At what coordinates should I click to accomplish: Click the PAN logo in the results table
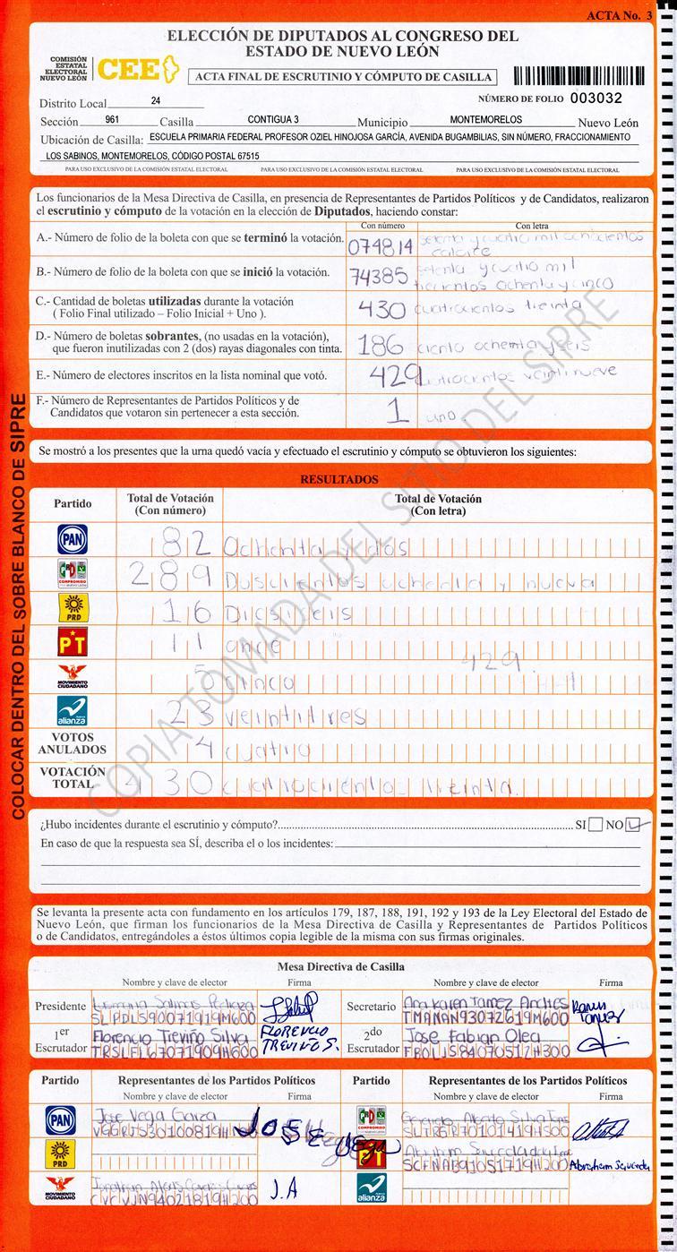pos(73,539)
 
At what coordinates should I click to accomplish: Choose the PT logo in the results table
pos(73,641)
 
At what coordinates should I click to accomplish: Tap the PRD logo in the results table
pos(73,607)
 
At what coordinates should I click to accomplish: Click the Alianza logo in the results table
pos(73,709)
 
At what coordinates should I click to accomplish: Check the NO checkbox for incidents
pos(635,824)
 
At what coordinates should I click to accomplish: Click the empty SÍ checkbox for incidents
pos(596,825)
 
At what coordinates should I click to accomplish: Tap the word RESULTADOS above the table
pos(338,480)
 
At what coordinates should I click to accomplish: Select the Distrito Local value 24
pos(157,102)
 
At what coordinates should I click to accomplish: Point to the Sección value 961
pos(113,119)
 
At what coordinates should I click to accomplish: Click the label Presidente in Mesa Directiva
pos(61,1007)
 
